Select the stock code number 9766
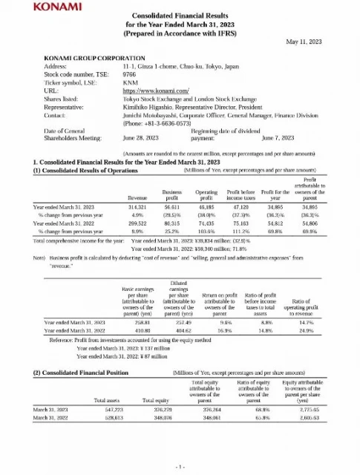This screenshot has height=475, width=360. (130, 73)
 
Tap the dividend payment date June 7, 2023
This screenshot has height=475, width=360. (279, 137)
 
